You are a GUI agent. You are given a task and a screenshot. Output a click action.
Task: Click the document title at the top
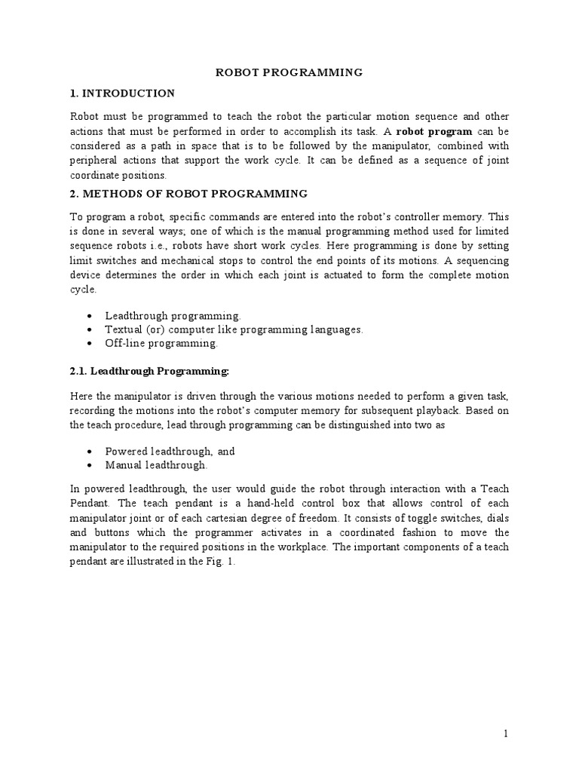(x=289, y=72)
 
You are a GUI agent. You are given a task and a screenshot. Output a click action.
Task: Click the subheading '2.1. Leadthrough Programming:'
(x=149, y=371)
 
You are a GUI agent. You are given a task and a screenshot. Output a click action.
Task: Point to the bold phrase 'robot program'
(x=437, y=131)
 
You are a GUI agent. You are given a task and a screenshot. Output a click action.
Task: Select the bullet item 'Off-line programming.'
(x=161, y=343)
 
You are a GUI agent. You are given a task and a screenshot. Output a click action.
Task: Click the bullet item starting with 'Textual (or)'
(x=234, y=329)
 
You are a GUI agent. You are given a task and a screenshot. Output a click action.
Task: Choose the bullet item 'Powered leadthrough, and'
(x=170, y=451)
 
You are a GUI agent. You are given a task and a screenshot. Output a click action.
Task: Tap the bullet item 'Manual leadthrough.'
(x=155, y=465)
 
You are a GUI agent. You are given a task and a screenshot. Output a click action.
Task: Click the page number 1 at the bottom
(x=506, y=733)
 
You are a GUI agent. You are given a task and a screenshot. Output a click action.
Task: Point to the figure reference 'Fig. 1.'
(x=220, y=561)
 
